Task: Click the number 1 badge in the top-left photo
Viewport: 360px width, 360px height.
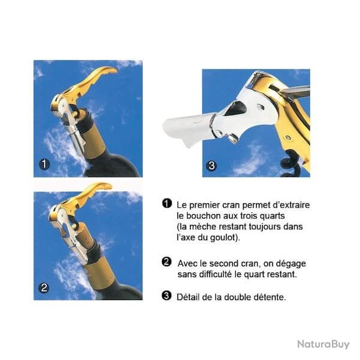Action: pyautogui.click(x=44, y=164)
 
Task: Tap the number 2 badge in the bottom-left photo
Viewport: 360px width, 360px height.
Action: pyautogui.click(x=44, y=288)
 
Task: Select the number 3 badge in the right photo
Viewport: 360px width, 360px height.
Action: pyautogui.click(x=211, y=166)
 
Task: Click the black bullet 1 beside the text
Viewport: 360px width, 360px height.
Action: pyautogui.click(x=167, y=203)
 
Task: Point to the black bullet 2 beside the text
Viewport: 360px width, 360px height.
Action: pyautogui.click(x=166, y=262)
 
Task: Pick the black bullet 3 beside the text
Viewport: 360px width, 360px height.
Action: pyautogui.click(x=166, y=296)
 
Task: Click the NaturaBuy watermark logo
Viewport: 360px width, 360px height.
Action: pyautogui.click(x=323, y=344)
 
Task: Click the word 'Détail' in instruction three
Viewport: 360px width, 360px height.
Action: pyautogui.click(x=188, y=298)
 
